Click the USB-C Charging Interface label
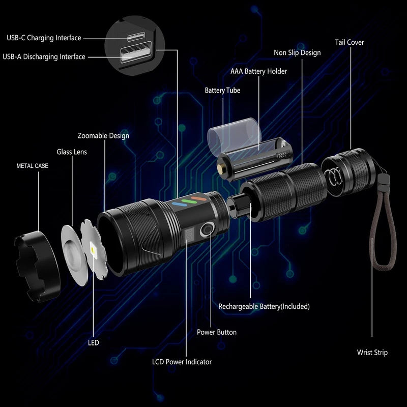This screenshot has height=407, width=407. coord(44,38)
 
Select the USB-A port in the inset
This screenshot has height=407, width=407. coord(133,55)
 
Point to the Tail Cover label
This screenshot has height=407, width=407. coord(349,42)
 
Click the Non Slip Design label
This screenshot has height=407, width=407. coord(297,52)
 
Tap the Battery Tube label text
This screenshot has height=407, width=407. coord(222,91)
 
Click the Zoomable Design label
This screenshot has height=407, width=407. coord(103,136)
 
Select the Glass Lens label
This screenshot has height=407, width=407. coord(72,152)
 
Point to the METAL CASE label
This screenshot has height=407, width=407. coord(33,166)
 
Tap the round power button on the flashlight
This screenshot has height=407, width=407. coord(207,230)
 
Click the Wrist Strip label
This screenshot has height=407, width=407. coord(372,353)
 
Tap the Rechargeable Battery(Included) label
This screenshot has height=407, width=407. coord(264,306)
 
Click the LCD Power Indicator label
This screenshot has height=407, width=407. coord(182,362)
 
